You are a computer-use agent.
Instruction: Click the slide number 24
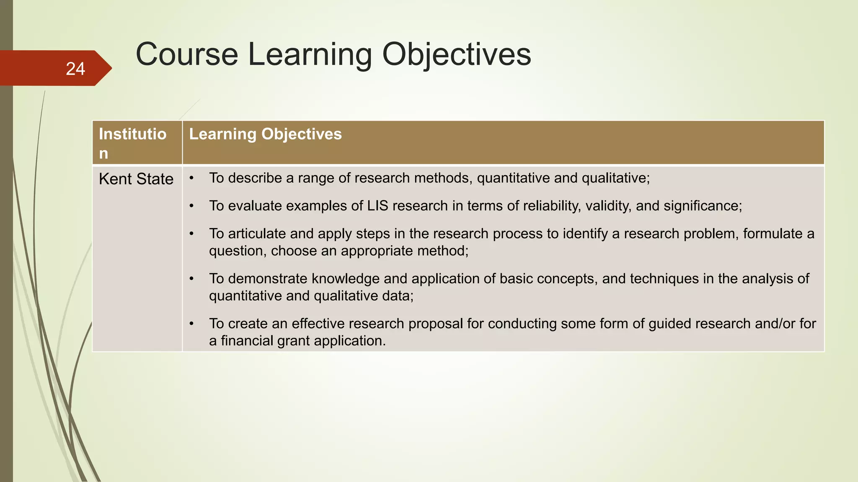point(75,69)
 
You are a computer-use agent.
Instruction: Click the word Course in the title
point(187,54)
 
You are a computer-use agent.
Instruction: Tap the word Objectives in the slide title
point(456,54)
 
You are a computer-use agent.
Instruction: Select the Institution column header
point(132,143)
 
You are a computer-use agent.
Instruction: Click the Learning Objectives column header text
point(265,134)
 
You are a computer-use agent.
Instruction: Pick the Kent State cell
point(136,179)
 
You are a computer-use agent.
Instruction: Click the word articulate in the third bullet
point(257,233)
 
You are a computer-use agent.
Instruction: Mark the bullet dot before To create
point(191,324)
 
